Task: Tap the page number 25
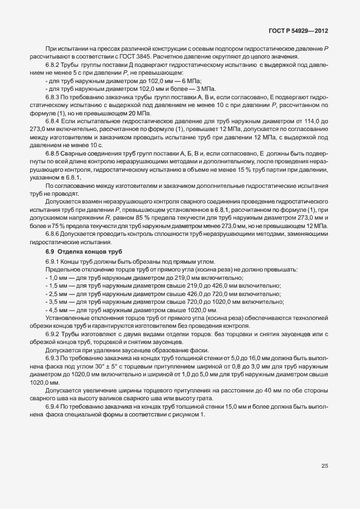point(324,466)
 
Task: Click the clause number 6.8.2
point(53,66)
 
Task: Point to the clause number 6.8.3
point(53,97)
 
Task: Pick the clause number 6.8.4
point(53,120)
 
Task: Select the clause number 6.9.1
point(53,262)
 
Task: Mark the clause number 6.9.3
point(53,356)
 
